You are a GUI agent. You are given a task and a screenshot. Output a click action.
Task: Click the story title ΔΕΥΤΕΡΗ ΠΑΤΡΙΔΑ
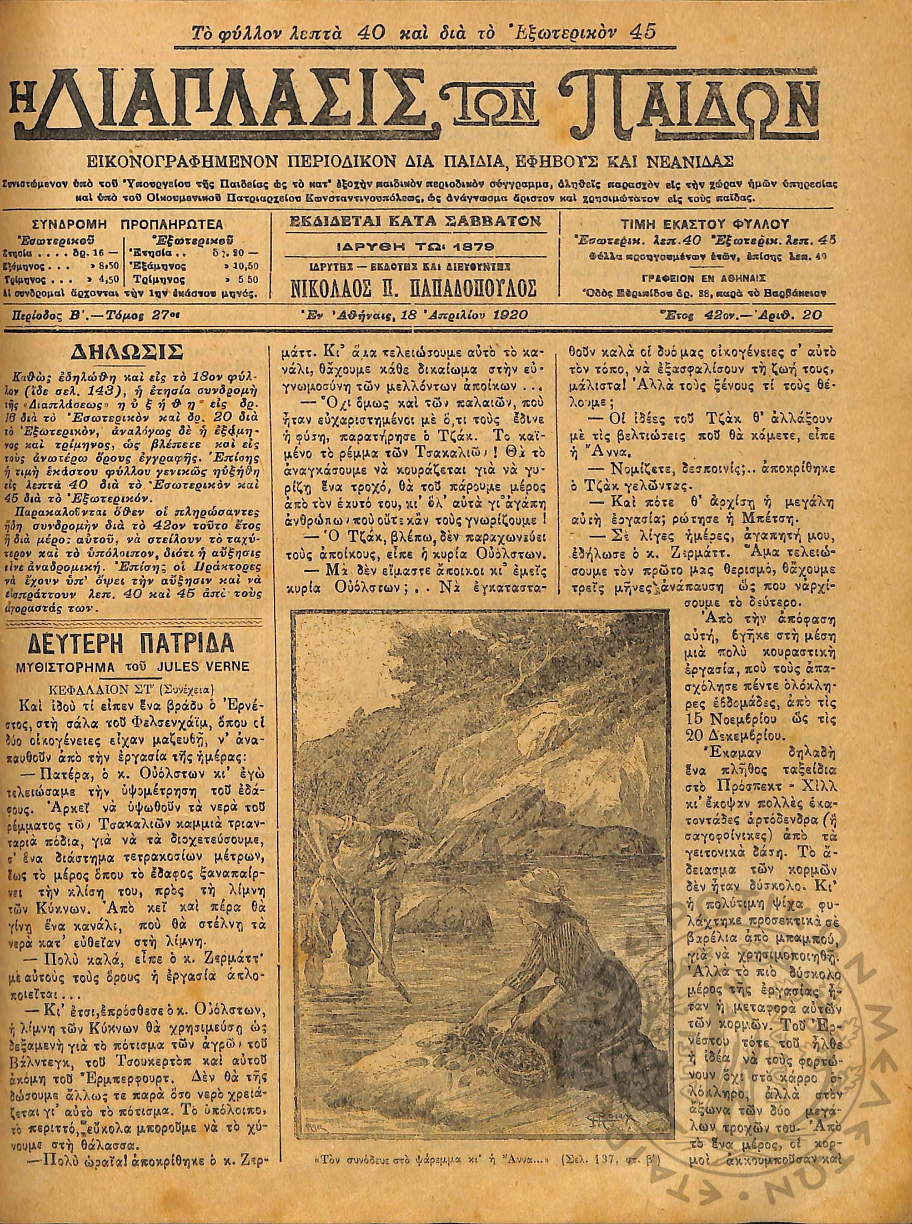[x=132, y=643]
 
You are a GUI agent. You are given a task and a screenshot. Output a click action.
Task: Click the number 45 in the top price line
[x=642, y=32]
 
